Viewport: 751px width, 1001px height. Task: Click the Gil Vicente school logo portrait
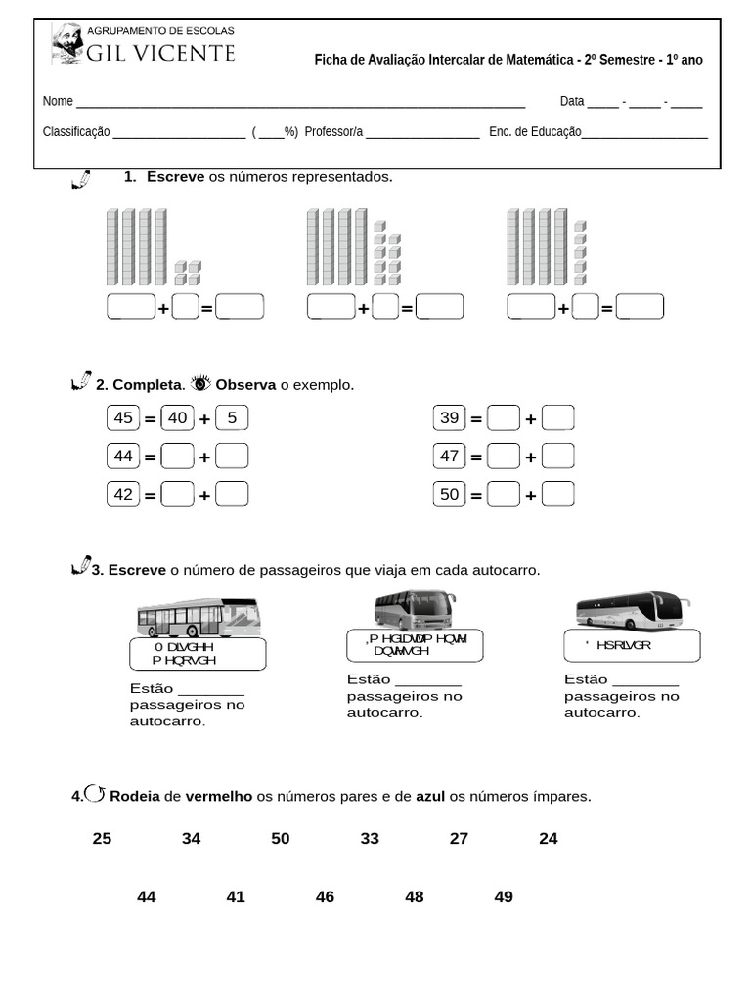pyautogui.click(x=66, y=44)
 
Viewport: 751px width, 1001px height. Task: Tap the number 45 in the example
pyautogui.click(x=123, y=418)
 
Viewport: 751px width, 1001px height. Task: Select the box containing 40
pyautogui.click(x=177, y=418)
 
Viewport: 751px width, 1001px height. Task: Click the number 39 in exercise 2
pyautogui.click(x=449, y=418)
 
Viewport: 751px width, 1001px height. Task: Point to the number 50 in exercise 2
pyautogui.click(x=449, y=495)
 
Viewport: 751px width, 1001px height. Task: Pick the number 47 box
pyautogui.click(x=449, y=456)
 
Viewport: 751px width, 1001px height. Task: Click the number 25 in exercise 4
pyautogui.click(x=102, y=839)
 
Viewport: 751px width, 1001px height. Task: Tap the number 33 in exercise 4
pyautogui.click(x=370, y=839)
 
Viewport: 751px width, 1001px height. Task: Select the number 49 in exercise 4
pyautogui.click(x=504, y=897)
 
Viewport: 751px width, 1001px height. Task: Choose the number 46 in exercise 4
pyautogui.click(x=325, y=897)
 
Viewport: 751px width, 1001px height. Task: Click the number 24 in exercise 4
pyautogui.click(x=549, y=839)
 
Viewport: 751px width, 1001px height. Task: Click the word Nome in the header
pyautogui.click(x=58, y=102)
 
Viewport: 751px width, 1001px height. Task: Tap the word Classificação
pyautogui.click(x=76, y=132)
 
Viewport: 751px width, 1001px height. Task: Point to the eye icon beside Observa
pyautogui.click(x=201, y=383)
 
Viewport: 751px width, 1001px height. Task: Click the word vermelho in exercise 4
pyautogui.click(x=219, y=797)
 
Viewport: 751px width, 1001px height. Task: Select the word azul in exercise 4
pyautogui.click(x=430, y=797)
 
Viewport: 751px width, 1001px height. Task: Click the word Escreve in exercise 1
pyautogui.click(x=175, y=177)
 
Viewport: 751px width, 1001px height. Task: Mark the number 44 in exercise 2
pyautogui.click(x=123, y=456)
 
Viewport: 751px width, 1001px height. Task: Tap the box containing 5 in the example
pyautogui.click(x=232, y=418)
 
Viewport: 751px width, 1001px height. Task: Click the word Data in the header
pyautogui.click(x=572, y=102)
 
